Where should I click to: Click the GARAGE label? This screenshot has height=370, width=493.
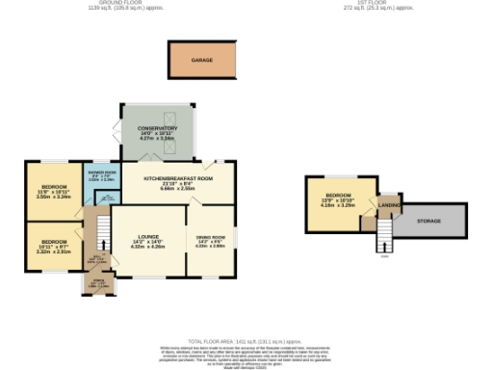[201, 60]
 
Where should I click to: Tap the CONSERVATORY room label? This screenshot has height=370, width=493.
[157, 128]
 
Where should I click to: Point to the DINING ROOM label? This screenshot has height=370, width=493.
[210, 237]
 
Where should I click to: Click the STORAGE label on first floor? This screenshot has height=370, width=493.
[429, 221]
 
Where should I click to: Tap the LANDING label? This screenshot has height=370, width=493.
[389, 205]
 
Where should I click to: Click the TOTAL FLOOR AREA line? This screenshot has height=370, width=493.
[246, 340]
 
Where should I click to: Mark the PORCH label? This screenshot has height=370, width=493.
[97, 283]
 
